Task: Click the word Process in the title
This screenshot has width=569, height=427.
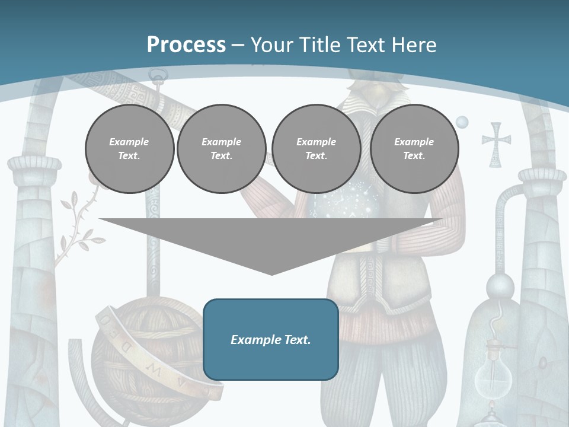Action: click(186, 45)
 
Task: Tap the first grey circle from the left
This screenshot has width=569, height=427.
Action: click(129, 149)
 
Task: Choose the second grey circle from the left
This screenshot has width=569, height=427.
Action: click(221, 149)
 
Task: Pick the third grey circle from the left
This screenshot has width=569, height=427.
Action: click(316, 149)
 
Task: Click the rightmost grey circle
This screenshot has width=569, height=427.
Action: click(414, 149)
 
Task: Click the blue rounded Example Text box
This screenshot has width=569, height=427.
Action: click(271, 339)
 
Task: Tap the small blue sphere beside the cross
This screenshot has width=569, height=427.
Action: click(462, 122)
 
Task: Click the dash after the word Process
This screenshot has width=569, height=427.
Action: click(238, 45)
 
